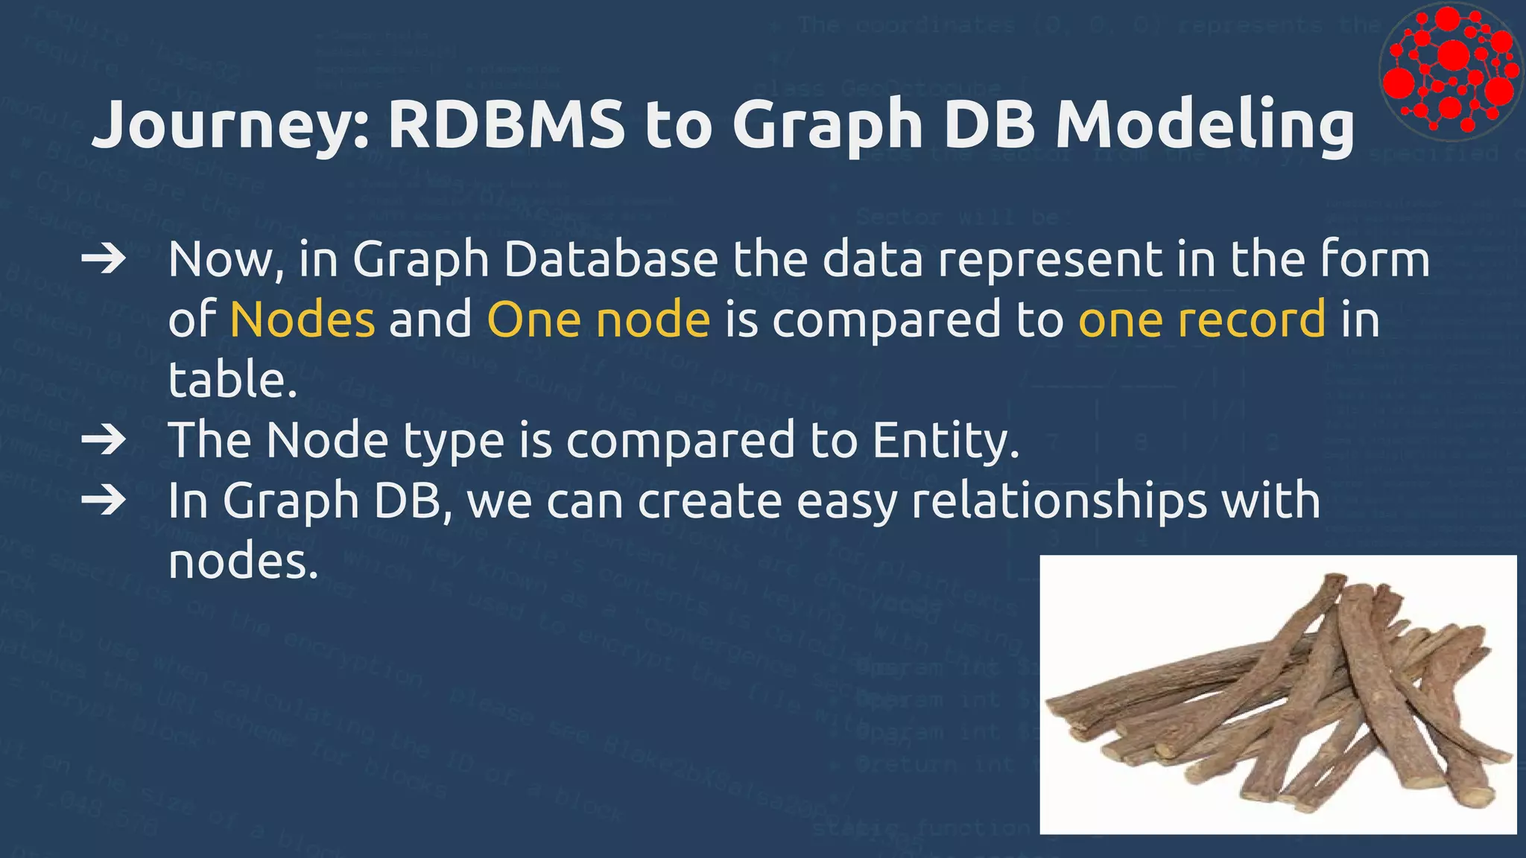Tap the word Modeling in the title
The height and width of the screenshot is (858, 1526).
[1204, 124]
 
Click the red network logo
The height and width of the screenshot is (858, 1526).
[1450, 71]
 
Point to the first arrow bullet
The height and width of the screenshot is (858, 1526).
[103, 260]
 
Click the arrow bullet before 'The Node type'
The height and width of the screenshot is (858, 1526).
[103, 440]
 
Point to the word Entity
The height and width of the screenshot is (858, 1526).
[945, 440]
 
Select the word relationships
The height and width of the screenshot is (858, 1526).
[1058, 500]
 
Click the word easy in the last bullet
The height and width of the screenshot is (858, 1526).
[846, 502]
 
